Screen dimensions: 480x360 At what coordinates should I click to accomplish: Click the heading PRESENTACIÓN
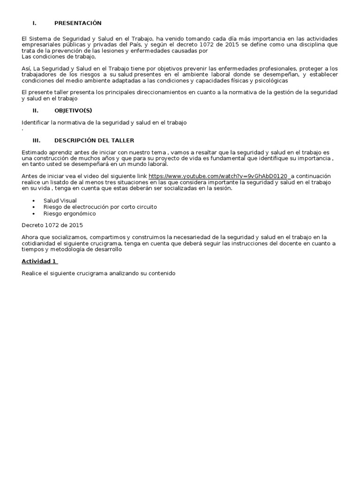point(77,23)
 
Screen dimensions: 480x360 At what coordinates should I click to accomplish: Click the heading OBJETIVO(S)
point(73,111)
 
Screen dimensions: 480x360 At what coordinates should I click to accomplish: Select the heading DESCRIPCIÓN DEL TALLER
point(94,140)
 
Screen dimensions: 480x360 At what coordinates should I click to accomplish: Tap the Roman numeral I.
point(34,23)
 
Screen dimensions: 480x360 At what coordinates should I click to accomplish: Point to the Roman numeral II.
point(35,111)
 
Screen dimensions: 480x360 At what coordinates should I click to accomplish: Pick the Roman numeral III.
point(36,140)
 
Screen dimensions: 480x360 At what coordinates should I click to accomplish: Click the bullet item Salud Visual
point(60,201)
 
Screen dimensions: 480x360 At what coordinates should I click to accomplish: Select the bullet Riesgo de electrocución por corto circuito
point(100,207)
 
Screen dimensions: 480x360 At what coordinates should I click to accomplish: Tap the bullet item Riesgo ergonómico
point(69,214)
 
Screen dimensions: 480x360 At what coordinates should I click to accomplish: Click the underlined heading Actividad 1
point(39,261)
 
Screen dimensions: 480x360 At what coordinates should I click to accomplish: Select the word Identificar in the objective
point(36,123)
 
